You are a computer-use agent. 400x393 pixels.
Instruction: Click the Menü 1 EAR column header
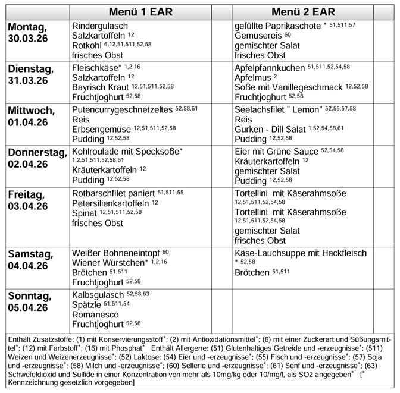[140, 12]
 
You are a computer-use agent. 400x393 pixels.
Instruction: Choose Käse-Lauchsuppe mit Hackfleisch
[301, 253]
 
